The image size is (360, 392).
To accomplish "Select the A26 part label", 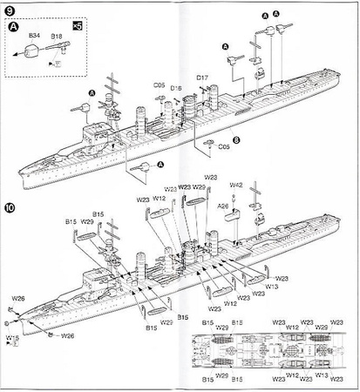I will click(x=224, y=206).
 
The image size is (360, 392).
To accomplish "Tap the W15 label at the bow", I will click(x=13, y=336).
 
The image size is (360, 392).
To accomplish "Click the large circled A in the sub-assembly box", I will click(x=15, y=26).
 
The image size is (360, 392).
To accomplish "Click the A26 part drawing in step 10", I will click(x=233, y=218).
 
